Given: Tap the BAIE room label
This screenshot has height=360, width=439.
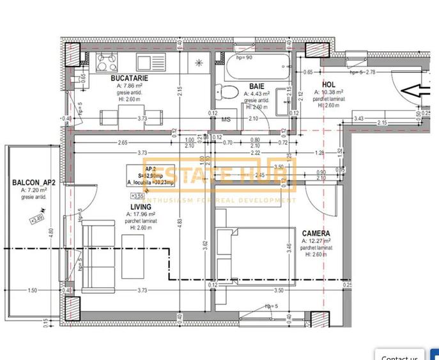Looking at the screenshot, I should pos(257,86).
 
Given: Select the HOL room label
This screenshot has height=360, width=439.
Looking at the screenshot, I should pos(328,84).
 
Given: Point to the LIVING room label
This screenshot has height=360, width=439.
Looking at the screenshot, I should pos(141,207).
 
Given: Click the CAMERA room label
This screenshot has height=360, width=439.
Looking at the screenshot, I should pos(316,233).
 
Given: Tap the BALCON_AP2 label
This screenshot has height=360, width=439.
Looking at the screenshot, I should pos(34,182).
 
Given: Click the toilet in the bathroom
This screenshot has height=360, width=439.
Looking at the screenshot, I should pos(226,91).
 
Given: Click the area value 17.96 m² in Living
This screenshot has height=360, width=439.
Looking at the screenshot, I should pos(142,215).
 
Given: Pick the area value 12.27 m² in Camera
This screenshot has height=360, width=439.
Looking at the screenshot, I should pos(318,241).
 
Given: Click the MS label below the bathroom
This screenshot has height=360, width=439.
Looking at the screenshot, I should pos(226,119).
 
